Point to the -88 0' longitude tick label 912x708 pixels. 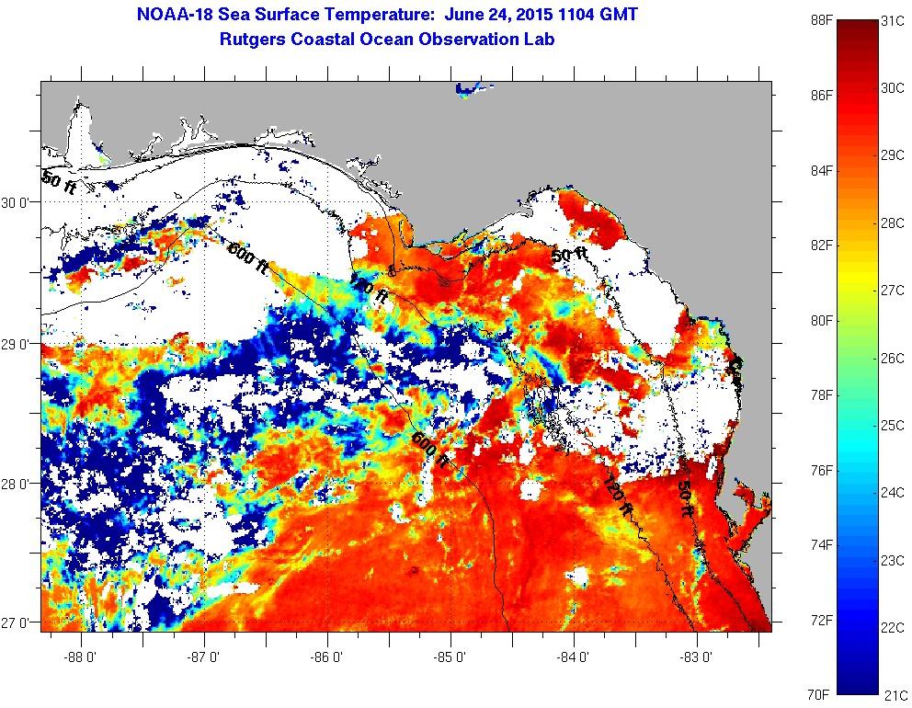click(81, 658)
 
